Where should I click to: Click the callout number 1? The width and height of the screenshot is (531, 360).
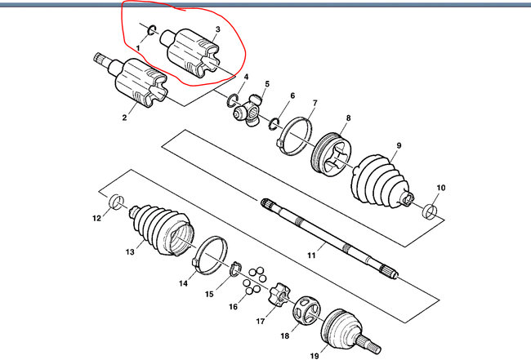139,49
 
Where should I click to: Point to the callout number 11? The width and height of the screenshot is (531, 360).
311,256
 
